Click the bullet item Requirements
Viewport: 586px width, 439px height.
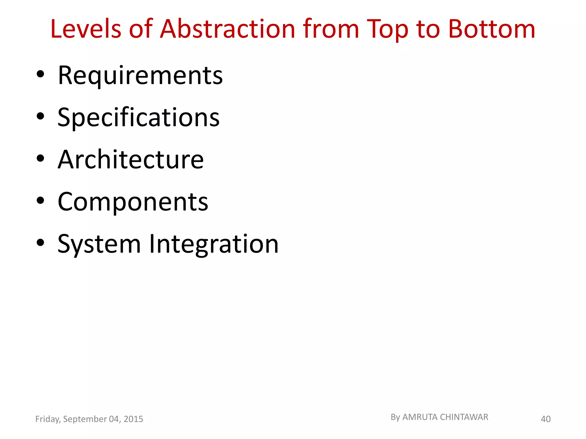(140, 75)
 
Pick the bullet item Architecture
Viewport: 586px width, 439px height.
(131, 159)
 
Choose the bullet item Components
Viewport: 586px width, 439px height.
(133, 202)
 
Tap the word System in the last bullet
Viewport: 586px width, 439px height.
(99, 244)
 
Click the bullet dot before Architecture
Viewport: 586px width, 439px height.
(41, 158)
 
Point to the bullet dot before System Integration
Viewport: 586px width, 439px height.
(41, 243)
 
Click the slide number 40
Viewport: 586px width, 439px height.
(545, 419)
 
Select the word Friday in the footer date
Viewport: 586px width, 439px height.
(47, 419)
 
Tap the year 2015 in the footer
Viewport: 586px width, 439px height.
(133, 419)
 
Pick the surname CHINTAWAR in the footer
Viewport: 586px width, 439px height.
(464, 417)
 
